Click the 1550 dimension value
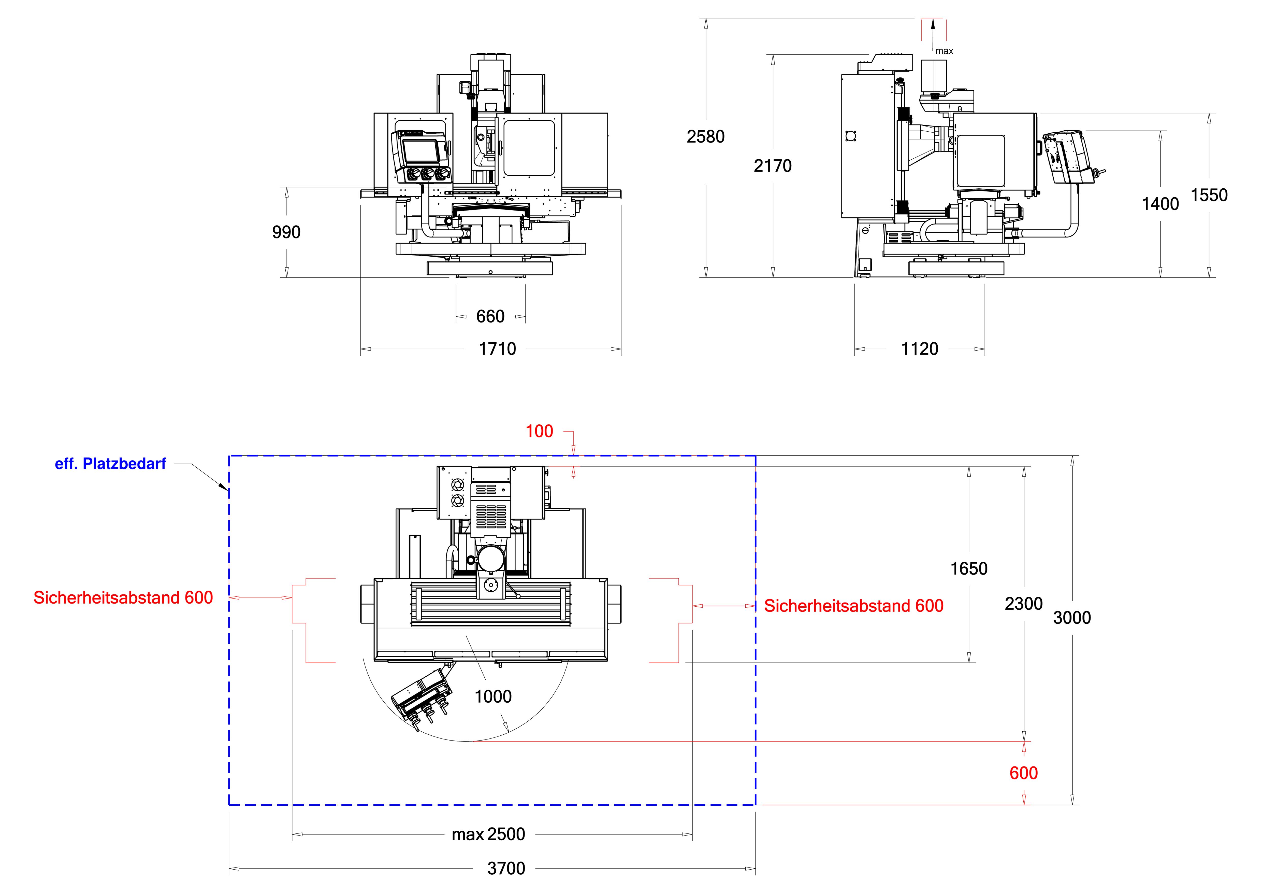(1209, 195)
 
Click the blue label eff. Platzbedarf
(110, 464)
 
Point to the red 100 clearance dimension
(539, 431)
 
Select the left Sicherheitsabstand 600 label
(123, 598)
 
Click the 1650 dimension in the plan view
(968, 569)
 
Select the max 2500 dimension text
(488, 834)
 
